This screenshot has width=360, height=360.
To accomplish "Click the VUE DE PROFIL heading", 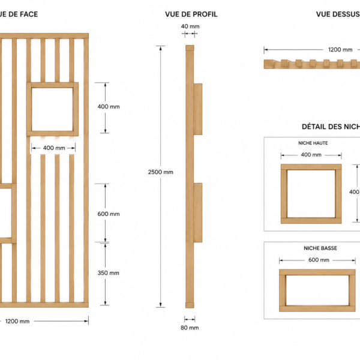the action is click(x=191, y=14).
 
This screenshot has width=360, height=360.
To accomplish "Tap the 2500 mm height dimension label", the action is click(x=160, y=172).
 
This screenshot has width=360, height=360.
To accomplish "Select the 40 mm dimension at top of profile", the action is click(x=190, y=26).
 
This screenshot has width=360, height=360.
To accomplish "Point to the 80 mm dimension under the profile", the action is click(x=190, y=328).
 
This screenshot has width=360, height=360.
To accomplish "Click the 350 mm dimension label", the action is click(x=109, y=273).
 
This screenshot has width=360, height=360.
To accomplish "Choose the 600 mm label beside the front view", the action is click(x=109, y=214).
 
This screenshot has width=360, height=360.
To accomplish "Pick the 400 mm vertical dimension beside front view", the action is click(x=109, y=107).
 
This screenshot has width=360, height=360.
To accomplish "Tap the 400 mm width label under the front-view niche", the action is click(x=54, y=148).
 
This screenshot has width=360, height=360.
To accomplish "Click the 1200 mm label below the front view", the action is click(x=17, y=321).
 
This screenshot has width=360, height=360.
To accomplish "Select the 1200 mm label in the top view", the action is click(x=340, y=50).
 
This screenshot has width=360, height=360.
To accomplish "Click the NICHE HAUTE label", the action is click(x=313, y=143).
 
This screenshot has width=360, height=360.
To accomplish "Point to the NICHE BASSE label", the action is click(x=320, y=248).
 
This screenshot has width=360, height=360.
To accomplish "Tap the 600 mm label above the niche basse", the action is click(x=319, y=260).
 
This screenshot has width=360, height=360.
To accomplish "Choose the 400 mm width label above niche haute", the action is click(x=311, y=155).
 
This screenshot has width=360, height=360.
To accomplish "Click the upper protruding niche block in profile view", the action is click(x=198, y=109).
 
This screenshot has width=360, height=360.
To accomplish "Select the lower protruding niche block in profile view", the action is click(x=198, y=212).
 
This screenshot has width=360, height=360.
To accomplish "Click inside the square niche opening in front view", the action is click(x=52, y=109).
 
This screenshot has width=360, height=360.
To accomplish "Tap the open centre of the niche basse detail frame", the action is click(x=317, y=290).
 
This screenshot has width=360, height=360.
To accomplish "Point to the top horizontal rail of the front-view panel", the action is click(x=44, y=36).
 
